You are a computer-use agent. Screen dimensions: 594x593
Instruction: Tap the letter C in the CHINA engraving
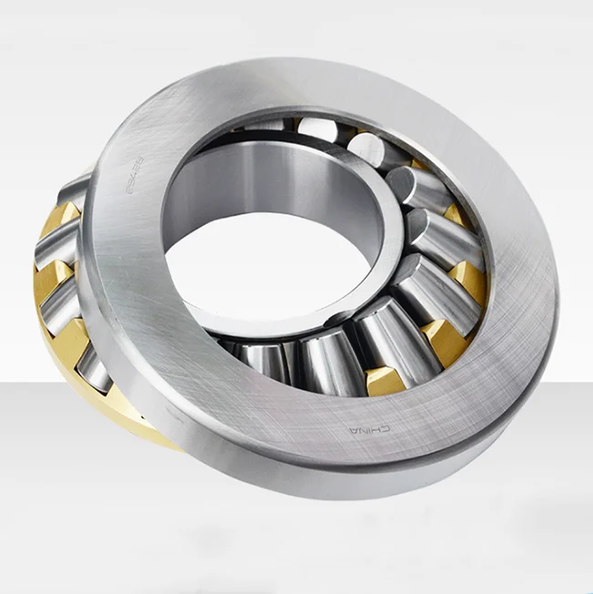pyautogui.click(x=387, y=428)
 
